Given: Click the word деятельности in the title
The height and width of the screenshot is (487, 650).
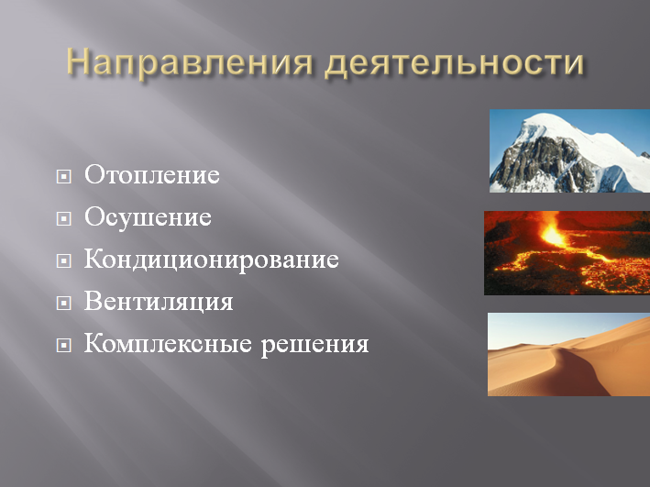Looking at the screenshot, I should click(x=455, y=63).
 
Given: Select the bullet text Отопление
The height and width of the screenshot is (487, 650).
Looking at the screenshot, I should click(x=151, y=175).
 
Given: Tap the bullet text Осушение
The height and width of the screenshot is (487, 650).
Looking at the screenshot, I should click(x=148, y=218).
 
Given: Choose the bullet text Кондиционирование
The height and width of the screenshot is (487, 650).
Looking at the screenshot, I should click(x=212, y=260).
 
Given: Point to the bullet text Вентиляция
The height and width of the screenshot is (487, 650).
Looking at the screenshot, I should click(x=159, y=302).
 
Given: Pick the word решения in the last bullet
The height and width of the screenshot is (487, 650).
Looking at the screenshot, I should click(x=315, y=346).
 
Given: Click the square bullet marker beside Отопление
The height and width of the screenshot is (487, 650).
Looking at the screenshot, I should click(x=63, y=177).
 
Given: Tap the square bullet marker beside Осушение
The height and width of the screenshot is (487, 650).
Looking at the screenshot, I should click(x=63, y=219).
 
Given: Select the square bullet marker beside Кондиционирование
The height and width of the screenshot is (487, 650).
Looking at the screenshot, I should click(x=63, y=261).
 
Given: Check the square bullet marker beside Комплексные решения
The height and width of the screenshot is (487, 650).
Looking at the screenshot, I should click(x=63, y=347).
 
